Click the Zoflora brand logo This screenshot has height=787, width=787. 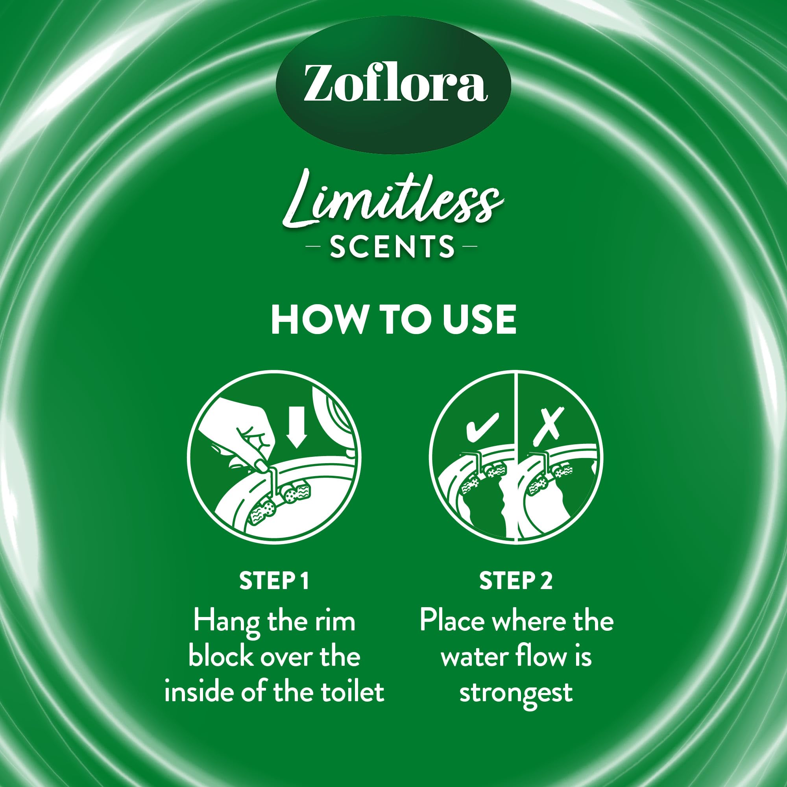[393, 85]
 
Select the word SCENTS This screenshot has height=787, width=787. [392, 246]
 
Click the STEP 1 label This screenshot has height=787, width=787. [274, 581]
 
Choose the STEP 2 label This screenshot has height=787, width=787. [516, 581]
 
